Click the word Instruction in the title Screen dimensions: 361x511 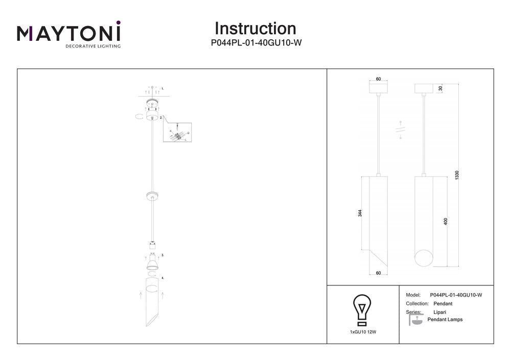pos(255,29)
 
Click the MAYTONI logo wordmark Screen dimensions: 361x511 pos(69,33)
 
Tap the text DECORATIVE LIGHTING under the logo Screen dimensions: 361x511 pos(92,46)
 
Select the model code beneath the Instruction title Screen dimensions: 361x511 pos(255,43)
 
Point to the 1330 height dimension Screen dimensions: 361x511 pos(457,176)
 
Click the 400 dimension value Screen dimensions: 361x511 pos(446,222)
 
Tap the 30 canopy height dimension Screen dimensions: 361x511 pos(440,88)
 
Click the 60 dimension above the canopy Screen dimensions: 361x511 pos(378,79)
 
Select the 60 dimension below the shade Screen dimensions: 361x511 pos(378,273)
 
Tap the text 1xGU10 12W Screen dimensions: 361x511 pos(363,332)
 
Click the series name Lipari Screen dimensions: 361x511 pos(440,311)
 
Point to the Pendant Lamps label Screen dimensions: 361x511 pos(445,320)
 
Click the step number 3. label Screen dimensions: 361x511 pos(162,254)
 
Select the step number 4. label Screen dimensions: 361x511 pos(162,278)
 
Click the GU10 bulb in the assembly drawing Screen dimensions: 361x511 pos(152,261)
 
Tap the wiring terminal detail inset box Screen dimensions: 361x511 pos(177,132)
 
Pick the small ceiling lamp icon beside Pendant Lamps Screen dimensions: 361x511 pos(417,321)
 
